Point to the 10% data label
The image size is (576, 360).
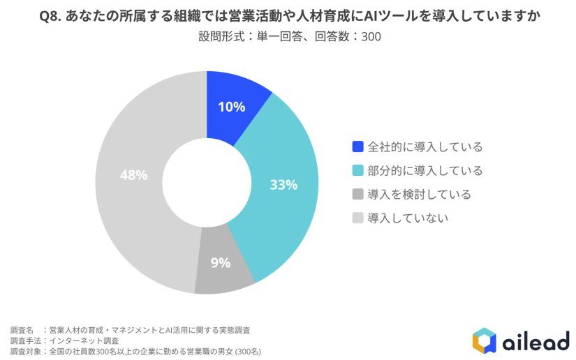(231, 107)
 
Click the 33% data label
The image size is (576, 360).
(283, 185)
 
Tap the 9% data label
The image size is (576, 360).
(221, 263)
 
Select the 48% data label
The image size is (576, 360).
(133, 175)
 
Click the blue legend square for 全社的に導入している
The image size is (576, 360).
(357, 147)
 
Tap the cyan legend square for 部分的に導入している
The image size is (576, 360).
(357, 170)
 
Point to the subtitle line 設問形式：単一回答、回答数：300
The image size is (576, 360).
(289, 36)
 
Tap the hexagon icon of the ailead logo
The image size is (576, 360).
(484, 340)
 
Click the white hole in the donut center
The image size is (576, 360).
(207, 183)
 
